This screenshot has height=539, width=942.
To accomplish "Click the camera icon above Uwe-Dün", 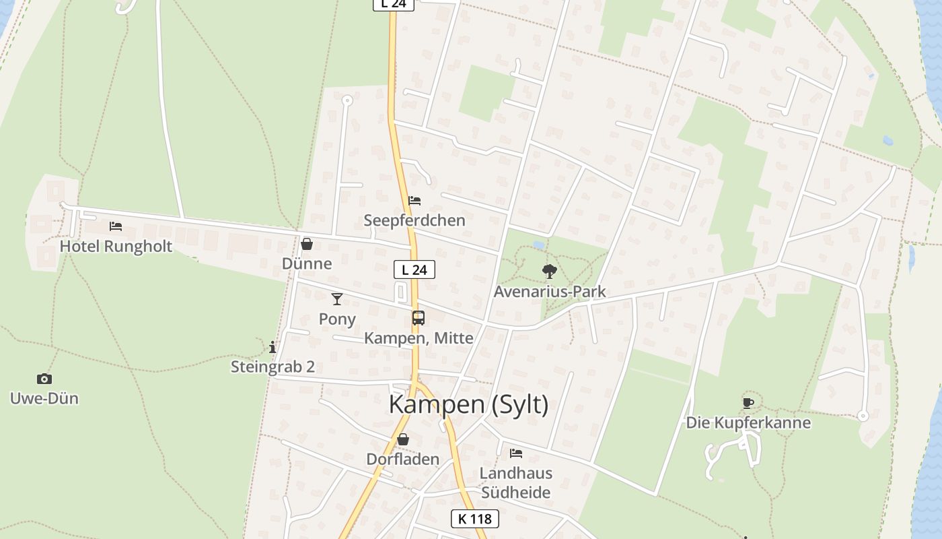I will (44, 379).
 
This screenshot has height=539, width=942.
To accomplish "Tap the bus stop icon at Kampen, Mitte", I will (419, 318).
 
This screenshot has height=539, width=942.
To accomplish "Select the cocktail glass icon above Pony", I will (337, 298).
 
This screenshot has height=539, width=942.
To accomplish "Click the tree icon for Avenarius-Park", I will (550, 272).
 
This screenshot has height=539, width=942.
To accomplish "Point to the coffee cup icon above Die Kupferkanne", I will (748, 403).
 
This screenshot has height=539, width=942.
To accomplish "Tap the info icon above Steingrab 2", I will (273, 347).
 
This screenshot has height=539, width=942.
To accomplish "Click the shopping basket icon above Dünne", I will (307, 244).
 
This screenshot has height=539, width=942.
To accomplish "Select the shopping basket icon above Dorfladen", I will (403, 440).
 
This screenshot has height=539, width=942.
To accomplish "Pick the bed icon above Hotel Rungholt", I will (116, 226).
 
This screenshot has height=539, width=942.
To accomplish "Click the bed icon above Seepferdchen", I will (414, 201).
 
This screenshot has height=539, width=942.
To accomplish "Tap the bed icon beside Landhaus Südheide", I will (516, 453).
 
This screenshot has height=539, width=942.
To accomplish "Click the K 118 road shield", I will (475, 519).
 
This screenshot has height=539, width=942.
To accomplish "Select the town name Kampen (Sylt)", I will (469, 404).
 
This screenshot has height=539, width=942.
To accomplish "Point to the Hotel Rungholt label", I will (116, 247).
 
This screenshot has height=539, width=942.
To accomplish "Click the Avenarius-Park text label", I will (550, 292).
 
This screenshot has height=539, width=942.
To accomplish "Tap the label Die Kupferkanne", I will (748, 423).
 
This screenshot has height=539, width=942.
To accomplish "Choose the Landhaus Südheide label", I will (516, 483).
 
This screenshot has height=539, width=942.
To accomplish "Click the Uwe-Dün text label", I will (44, 399).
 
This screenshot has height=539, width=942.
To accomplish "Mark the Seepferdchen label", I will (414, 220).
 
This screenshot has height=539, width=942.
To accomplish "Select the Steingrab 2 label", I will (273, 367).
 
